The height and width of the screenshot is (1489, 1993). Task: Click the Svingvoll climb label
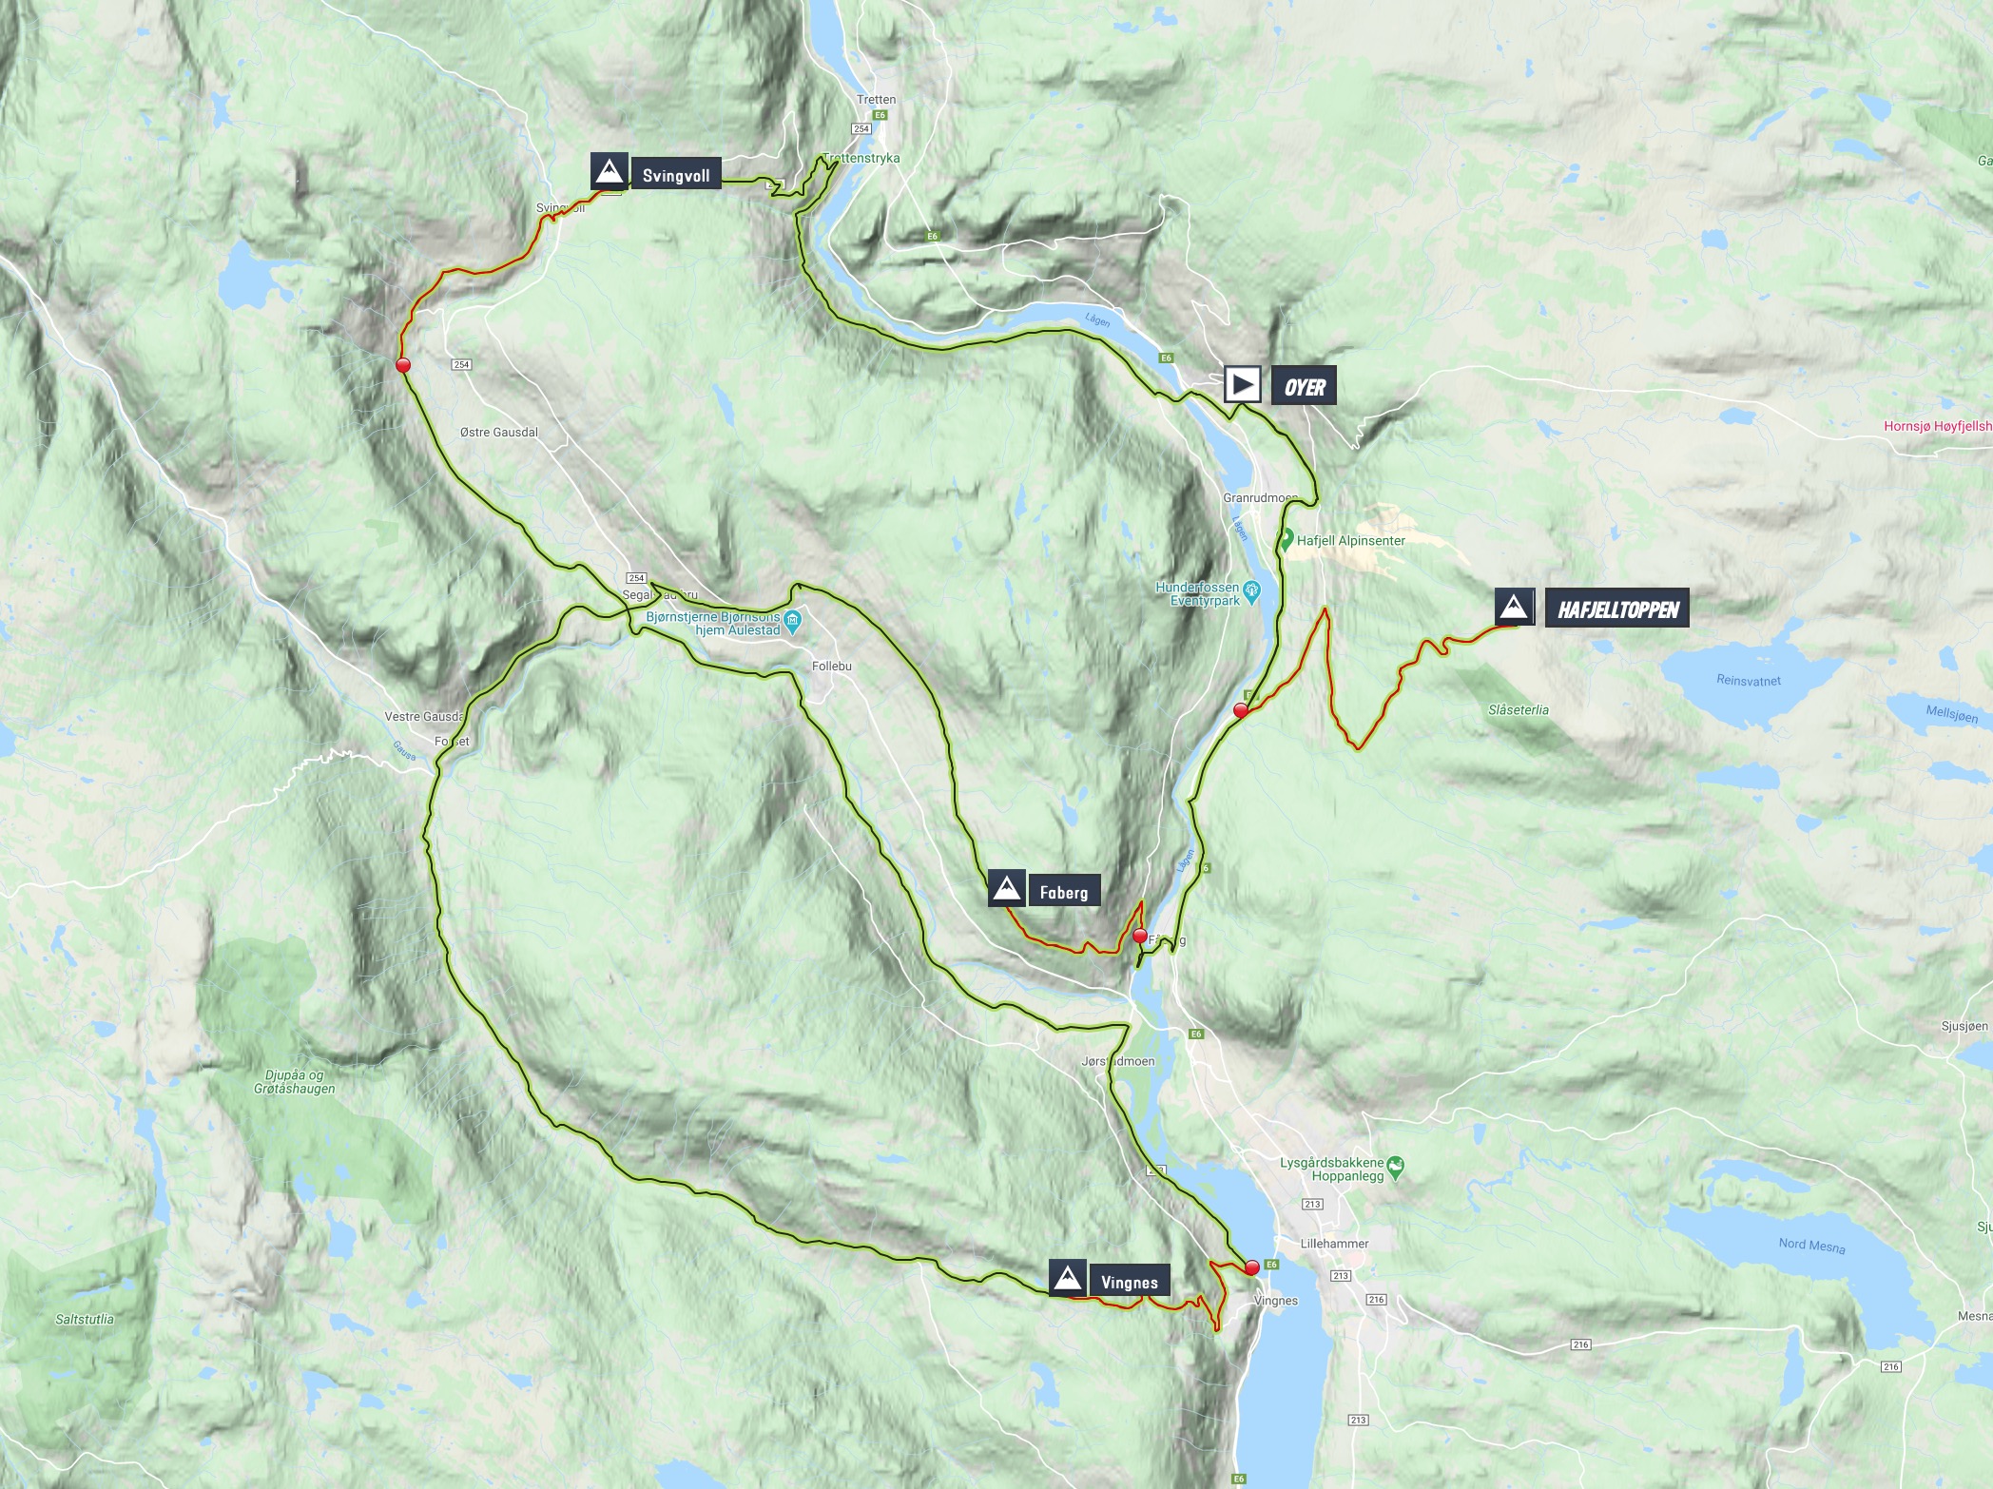675,176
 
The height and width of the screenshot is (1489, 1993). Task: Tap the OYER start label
1304,387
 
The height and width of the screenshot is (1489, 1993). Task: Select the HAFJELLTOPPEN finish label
1617,609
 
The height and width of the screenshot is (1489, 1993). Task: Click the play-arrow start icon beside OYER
1242,386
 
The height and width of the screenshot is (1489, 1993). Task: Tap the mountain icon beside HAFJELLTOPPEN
1514,608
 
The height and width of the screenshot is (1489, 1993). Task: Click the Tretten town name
876,100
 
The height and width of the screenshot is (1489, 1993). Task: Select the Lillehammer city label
1334,1243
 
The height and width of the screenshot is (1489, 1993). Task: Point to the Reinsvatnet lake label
1749,681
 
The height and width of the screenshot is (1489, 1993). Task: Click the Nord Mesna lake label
1811,1246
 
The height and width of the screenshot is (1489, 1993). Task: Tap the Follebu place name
832,667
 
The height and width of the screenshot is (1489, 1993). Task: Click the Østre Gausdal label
498,432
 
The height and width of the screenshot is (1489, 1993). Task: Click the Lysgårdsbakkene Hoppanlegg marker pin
1395,1164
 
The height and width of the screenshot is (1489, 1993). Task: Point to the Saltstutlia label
85,1319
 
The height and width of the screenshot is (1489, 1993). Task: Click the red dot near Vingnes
1251,1267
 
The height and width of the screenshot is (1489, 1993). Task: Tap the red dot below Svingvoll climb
402,365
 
